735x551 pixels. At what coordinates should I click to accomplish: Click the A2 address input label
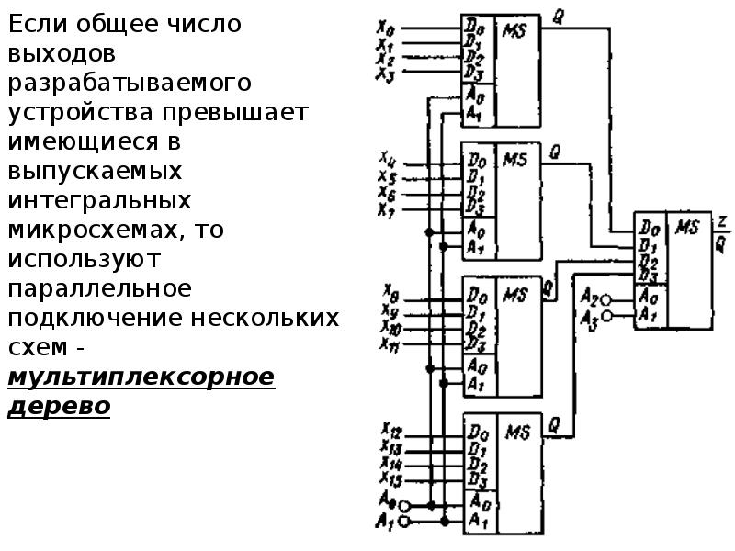point(589,299)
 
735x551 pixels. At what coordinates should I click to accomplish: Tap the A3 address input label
point(589,317)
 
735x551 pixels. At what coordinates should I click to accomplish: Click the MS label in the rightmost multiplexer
point(686,226)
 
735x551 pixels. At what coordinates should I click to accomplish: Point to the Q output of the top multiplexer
point(557,15)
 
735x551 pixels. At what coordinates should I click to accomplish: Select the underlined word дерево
point(59,406)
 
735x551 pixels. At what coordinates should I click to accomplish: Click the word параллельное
point(100,288)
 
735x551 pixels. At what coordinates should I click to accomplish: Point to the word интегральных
point(100,199)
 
